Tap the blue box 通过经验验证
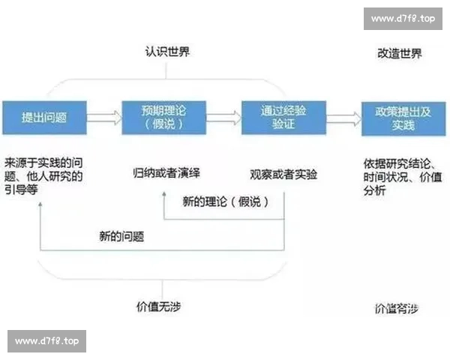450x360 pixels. pos(283,118)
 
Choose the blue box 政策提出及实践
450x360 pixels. pos(403,118)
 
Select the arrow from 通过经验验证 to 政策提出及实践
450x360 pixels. pos(343,118)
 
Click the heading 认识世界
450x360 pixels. pos(167,53)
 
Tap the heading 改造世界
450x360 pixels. pos(397,53)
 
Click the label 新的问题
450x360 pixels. pos(121,236)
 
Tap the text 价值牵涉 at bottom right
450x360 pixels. pos(396,308)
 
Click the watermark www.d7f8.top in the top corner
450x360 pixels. pos(403,19)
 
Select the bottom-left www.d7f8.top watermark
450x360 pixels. pos(46,341)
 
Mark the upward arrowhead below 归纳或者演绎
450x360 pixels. pos(163,193)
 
